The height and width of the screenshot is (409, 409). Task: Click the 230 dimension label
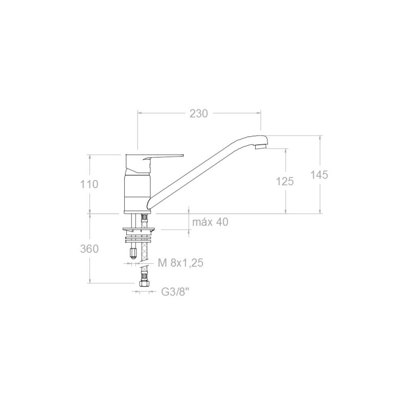pos(198,113)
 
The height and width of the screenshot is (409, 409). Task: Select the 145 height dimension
pos(319,175)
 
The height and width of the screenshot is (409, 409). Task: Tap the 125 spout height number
pos(285,181)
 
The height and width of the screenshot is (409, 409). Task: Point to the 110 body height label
pos(89,184)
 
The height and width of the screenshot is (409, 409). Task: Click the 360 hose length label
pos(89,249)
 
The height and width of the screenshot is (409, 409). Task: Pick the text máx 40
pos(210,222)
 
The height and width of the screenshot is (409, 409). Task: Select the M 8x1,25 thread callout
pos(180,263)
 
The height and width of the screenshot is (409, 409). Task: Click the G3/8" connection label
pos(175,292)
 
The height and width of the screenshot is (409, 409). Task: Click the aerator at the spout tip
pos(261,146)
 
